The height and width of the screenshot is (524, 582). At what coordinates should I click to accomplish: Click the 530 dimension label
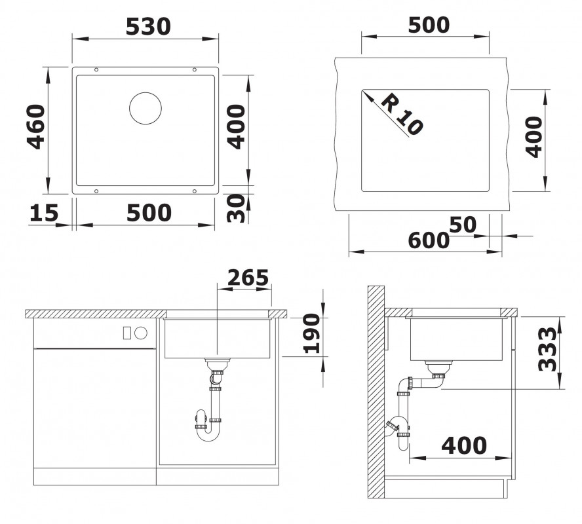tap(148, 27)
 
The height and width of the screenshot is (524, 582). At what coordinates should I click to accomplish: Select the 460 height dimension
tap(36, 127)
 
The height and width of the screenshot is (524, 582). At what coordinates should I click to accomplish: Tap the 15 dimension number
tap(44, 213)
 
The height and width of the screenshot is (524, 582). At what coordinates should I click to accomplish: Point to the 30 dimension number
tap(236, 208)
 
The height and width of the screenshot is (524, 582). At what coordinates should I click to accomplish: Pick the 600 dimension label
tap(429, 240)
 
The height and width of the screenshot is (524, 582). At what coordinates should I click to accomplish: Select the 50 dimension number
tap(463, 225)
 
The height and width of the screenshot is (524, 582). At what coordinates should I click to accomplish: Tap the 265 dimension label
tap(248, 277)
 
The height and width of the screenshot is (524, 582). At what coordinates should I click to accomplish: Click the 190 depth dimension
tap(311, 333)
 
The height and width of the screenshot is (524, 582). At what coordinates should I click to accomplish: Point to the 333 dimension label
tap(548, 349)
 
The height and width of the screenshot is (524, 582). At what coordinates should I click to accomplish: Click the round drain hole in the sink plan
tap(145, 108)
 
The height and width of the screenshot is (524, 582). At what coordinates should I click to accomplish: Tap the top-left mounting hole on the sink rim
tap(96, 69)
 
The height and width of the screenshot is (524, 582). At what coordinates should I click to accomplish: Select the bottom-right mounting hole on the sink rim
tap(194, 191)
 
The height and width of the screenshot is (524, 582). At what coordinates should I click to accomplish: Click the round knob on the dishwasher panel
tap(141, 333)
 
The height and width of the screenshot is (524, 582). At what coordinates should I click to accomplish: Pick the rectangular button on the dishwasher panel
tap(127, 333)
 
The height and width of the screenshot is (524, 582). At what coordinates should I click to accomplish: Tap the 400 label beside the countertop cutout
tap(534, 137)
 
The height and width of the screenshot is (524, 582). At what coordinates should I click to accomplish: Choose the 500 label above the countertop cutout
tap(429, 25)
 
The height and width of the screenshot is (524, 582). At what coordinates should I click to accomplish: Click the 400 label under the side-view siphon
tap(464, 445)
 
